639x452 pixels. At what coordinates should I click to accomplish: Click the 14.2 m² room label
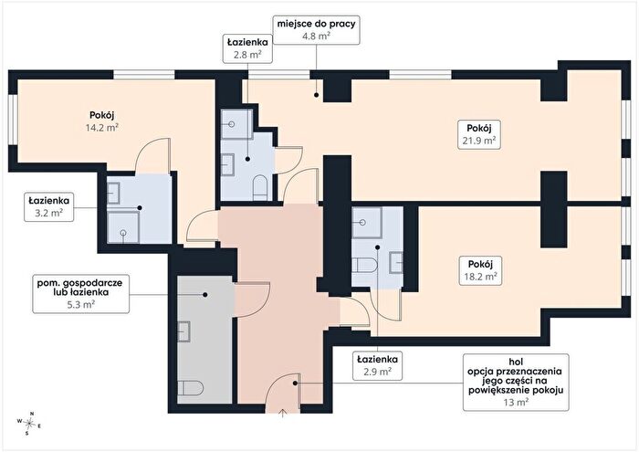pyautogui.click(x=102, y=121)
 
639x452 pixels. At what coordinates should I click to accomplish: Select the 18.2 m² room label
pyautogui.click(x=480, y=270)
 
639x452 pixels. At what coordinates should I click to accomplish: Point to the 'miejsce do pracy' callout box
pyautogui.click(x=316, y=30)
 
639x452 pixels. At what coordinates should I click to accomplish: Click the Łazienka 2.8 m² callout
pyautogui.click(x=247, y=48)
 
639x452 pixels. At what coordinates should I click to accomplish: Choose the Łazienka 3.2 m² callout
pyautogui.click(x=49, y=207)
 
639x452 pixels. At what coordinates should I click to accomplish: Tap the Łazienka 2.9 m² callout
pyautogui.click(x=377, y=365)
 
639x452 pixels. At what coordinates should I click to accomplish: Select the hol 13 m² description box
pyautogui.click(x=516, y=382)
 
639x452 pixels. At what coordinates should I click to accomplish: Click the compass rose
pyautogui.click(x=28, y=424)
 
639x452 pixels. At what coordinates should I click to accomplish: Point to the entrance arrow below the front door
pyautogui.click(x=283, y=414)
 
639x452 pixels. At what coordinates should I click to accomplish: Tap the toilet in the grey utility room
pyautogui.click(x=191, y=387)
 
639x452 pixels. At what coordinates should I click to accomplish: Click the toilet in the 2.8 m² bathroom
pyautogui.click(x=259, y=187)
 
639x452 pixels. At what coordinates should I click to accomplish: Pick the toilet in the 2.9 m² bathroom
pyautogui.click(x=365, y=265)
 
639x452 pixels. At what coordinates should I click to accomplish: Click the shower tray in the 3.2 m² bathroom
pyautogui.click(x=123, y=227)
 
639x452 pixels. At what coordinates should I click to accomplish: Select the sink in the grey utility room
pyautogui.click(x=184, y=331)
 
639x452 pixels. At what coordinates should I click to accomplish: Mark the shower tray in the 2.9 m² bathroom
pyautogui.click(x=367, y=223)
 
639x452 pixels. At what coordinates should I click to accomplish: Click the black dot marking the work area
pyautogui.click(x=316, y=95)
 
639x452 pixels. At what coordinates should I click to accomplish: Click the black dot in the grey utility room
pyautogui.click(x=205, y=294)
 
